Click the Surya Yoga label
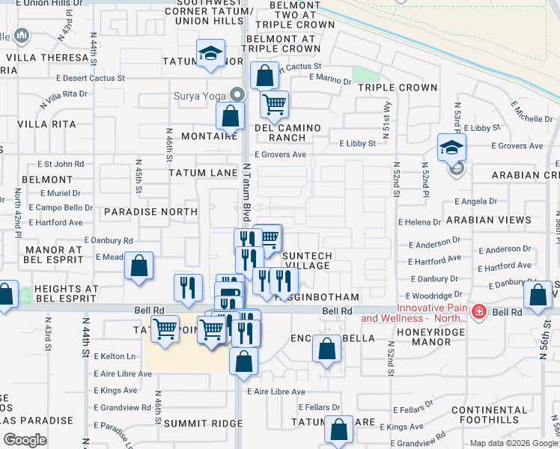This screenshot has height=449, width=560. click(201, 95)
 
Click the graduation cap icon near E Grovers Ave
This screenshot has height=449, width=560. click(452, 147)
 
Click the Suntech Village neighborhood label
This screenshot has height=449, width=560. click(307, 260)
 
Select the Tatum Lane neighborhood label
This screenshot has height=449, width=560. click(202, 173)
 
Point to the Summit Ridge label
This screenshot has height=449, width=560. click(203, 424)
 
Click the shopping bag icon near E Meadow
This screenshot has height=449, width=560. click(139, 266)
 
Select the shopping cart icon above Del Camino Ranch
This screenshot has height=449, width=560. click(275, 104)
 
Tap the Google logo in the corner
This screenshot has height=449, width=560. click(25, 440)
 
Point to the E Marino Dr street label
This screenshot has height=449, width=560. click(329, 78)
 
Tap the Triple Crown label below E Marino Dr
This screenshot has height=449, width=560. click(397, 88)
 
